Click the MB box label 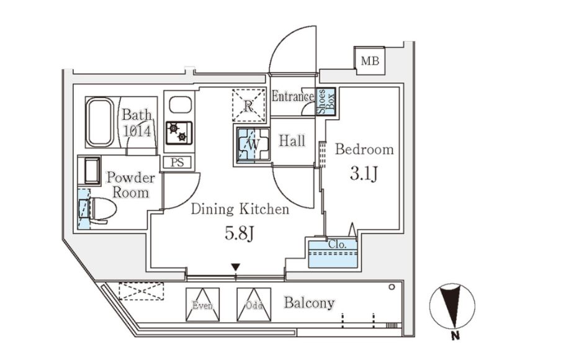point(370,61)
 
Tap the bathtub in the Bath point(99,121)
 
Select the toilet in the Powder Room point(99,209)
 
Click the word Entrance point(292,97)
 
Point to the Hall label point(292,142)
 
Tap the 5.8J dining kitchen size point(240,234)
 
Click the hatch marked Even point(202,304)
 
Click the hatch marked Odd point(254,304)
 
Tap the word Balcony point(309,303)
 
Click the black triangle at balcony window point(235,268)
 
